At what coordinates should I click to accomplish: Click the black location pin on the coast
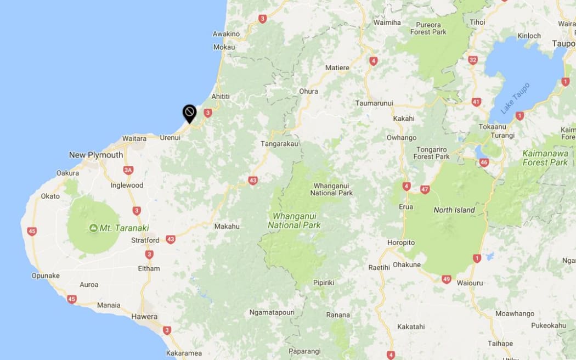[x=189, y=114]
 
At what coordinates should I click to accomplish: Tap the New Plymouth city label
[x=96, y=155]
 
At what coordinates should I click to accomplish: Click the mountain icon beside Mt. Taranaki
[x=93, y=228]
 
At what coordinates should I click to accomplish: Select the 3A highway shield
[x=128, y=170]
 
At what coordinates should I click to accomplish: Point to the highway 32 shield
[x=473, y=60]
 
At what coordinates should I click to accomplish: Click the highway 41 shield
[x=476, y=102]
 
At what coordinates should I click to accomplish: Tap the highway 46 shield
[x=483, y=162]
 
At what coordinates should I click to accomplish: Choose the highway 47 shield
[x=425, y=189]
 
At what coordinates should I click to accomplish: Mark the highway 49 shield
[x=446, y=279]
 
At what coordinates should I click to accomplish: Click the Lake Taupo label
[x=515, y=99]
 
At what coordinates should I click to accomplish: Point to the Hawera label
[x=144, y=317]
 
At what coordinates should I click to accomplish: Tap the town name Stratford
[x=145, y=240]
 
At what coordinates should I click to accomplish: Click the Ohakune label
[x=406, y=265]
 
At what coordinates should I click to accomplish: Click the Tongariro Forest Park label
[x=432, y=153]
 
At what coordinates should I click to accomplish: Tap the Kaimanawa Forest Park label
[x=545, y=157]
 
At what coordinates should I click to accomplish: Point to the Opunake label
[x=46, y=275]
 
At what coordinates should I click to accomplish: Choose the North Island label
[x=454, y=210]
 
